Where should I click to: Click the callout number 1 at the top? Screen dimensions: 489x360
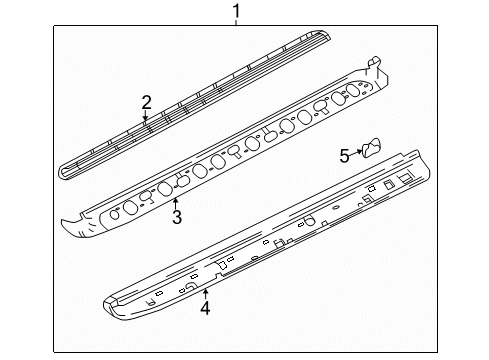coord(236,11)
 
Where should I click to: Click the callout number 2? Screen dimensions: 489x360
coord(146,102)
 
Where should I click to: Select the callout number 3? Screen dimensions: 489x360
coord(177,217)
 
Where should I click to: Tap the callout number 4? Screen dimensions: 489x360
coord(205,308)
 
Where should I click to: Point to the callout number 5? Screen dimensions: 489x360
coord(344,155)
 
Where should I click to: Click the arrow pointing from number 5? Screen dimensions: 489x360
coord(356,153)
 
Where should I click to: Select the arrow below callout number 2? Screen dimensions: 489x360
coord(145,115)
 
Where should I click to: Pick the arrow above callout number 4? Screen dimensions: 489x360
coord(206,295)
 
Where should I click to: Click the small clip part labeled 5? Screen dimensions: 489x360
coord(371,147)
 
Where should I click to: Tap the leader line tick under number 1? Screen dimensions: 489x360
coord(236,22)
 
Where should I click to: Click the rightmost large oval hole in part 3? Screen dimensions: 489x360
coord(353,91)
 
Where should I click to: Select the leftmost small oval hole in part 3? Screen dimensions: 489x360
coord(115,214)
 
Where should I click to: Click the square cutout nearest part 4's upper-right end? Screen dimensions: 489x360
coord(406,178)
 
